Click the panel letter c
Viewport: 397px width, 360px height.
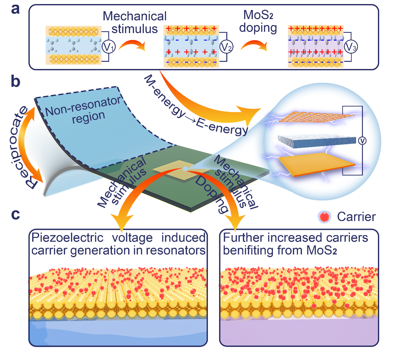click(x=15, y=214)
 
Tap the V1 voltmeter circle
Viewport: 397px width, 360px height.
click(x=109, y=47)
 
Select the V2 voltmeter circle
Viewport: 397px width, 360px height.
click(x=226, y=47)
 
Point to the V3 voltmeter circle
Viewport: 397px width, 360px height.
click(x=351, y=47)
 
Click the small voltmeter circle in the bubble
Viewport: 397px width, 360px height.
click(x=362, y=141)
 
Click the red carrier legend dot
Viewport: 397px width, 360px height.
click(x=324, y=217)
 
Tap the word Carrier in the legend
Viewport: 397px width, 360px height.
click(x=356, y=217)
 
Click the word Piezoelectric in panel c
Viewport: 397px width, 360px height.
click(x=67, y=238)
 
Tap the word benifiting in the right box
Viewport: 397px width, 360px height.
click(x=244, y=251)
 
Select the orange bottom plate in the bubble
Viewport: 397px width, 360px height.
click(x=316, y=164)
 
